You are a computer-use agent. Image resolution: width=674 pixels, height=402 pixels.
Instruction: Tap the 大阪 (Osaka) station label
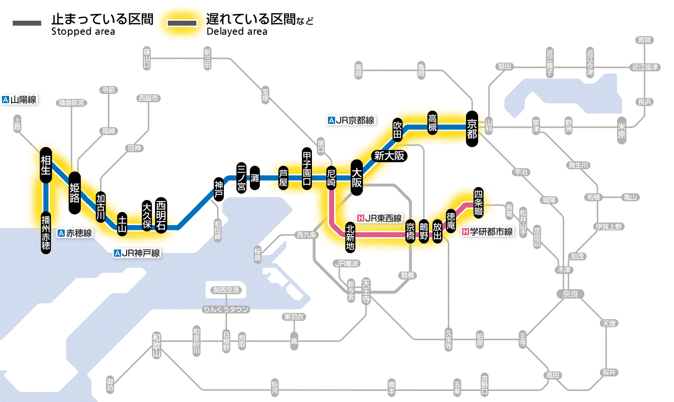click(x=357, y=177)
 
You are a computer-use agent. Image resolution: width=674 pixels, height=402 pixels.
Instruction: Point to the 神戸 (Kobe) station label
click(x=219, y=189)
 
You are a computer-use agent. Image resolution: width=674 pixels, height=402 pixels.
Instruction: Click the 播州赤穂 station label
click(x=46, y=232)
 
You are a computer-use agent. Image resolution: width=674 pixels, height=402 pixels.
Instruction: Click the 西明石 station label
click(x=161, y=215)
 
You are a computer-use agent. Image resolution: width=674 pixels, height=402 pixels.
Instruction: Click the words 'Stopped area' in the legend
click(x=83, y=32)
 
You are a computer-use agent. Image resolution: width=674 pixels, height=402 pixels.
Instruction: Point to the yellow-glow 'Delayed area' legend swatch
click(x=182, y=23)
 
